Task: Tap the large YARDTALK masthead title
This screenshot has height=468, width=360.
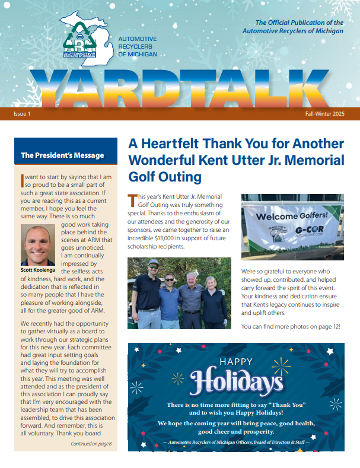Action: [x=180, y=86]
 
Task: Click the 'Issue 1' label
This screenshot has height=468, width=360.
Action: [x=23, y=113]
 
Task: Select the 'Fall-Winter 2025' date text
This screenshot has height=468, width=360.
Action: [x=324, y=113]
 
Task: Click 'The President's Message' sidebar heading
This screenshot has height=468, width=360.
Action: [x=62, y=155]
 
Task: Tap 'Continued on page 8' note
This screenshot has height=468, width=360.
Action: [x=91, y=444]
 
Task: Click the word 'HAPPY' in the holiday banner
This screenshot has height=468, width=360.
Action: [x=236, y=361]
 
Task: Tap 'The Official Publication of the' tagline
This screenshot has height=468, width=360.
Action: [x=300, y=23]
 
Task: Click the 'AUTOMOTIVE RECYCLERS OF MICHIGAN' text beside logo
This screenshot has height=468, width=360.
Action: [x=138, y=46]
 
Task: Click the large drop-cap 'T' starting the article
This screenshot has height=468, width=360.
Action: [x=132, y=198]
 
